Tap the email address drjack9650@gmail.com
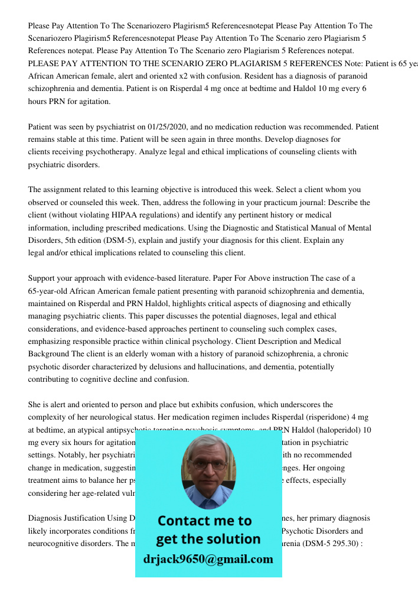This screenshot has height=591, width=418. point(208,559)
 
